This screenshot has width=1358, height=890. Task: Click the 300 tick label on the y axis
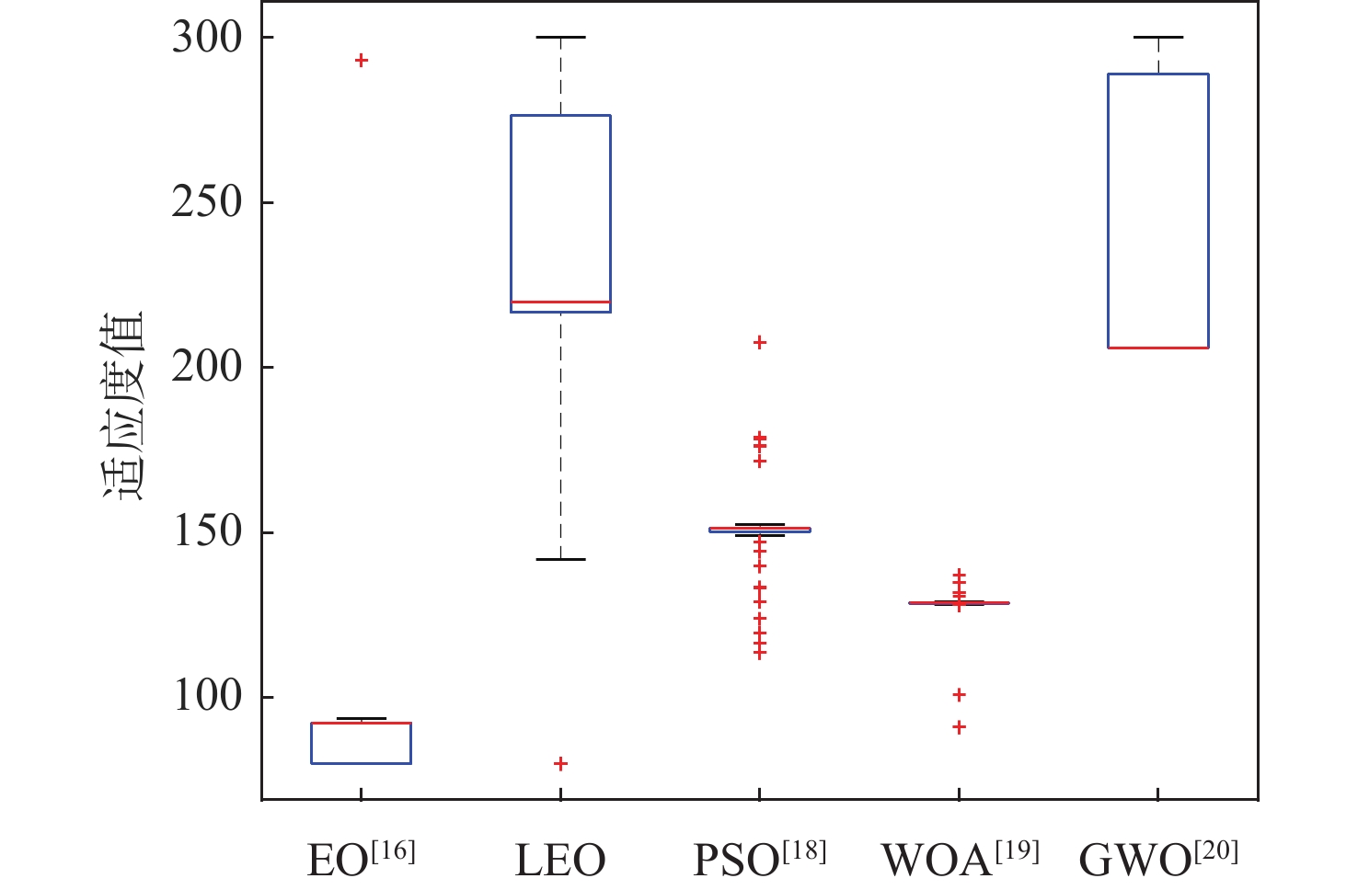[x=207, y=38]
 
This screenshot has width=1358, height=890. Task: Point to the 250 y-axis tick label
[x=207, y=202]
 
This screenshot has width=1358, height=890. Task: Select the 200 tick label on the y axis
[x=207, y=367]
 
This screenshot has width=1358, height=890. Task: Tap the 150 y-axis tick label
[x=207, y=532]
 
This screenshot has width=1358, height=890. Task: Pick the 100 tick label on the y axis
[x=207, y=697]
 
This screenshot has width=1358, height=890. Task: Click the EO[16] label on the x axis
[x=361, y=859]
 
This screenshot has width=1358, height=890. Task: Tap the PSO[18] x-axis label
[x=760, y=859]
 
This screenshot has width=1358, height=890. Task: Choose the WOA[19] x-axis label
[x=960, y=859]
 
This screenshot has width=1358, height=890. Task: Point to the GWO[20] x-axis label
[x=1158, y=859]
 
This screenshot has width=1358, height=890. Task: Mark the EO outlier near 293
[x=362, y=61]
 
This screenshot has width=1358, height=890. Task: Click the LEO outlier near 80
[x=560, y=764]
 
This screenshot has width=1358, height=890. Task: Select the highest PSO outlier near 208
[x=760, y=343]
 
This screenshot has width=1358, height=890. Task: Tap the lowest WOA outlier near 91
[x=960, y=727]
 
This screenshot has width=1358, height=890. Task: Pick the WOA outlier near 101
[x=960, y=695]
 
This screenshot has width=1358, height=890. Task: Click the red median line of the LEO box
[x=560, y=302]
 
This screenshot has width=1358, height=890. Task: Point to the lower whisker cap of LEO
[x=560, y=559]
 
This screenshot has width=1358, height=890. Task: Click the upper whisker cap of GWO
[x=1158, y=38]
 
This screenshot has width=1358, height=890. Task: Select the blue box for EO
[x=361, y=744]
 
